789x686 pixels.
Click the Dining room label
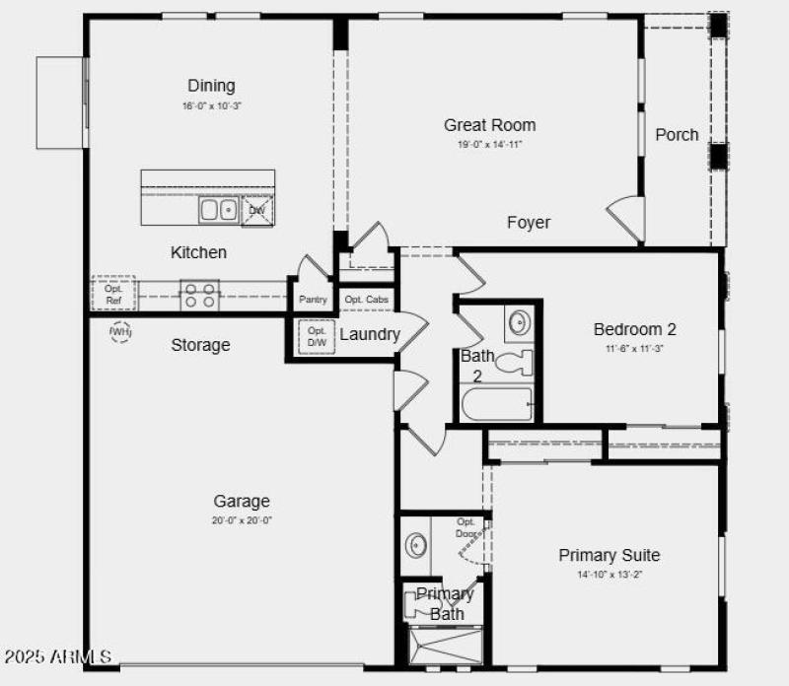(211, 86)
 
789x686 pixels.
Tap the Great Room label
(489, 125)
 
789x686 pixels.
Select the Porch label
(677, 135)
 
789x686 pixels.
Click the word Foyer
(529, 223)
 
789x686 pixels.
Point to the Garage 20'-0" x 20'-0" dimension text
(241, 520)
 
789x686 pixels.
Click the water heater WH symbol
(120, 332)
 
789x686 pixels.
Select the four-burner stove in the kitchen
(199, 295)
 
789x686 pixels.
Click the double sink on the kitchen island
(218, 209)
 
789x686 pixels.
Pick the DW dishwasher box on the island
(256, 210)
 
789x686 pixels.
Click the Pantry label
(313, 300)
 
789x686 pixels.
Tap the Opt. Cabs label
(366, 300)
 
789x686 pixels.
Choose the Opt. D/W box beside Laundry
(317, 336)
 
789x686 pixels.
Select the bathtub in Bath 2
(497, 404)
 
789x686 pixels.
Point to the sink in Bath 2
(519, 321)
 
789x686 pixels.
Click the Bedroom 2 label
(634, 330)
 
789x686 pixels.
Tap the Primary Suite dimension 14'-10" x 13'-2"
(610, 575)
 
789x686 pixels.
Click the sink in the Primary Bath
(416, 544)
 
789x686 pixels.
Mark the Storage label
(200, 345)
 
